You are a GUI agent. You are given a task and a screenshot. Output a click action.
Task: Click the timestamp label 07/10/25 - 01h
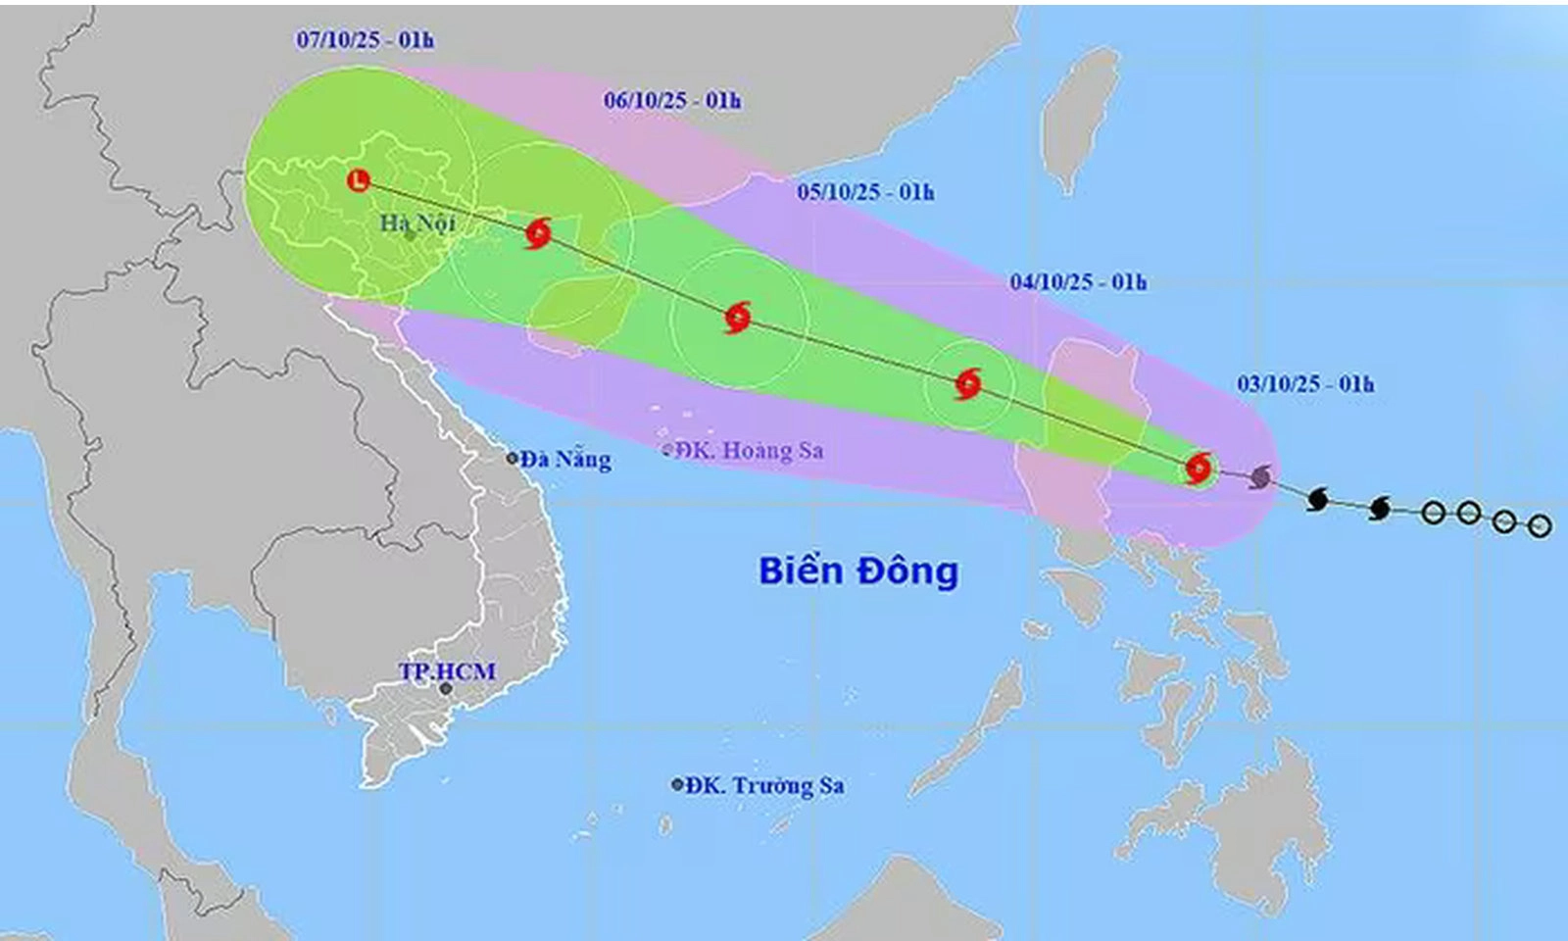365,39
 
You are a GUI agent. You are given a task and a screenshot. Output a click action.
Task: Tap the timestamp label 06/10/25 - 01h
672,100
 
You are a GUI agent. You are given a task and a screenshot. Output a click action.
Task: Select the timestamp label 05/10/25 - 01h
865,191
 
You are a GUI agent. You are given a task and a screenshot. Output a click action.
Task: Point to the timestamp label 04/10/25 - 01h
1078,282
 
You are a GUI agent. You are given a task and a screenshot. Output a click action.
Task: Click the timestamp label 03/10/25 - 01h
1304,383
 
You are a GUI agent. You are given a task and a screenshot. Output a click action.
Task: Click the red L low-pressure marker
360,180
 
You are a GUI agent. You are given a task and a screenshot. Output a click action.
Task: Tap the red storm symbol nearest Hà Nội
537,233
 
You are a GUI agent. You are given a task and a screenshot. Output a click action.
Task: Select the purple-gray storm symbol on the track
1261,477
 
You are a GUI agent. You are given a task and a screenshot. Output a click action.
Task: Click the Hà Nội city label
417,223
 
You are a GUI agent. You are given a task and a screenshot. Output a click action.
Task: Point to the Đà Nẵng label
565,459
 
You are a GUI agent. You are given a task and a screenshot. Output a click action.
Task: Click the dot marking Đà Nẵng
513,458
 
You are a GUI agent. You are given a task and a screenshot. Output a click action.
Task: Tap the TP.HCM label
447,671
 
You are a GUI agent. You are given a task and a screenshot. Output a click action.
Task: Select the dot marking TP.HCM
446,689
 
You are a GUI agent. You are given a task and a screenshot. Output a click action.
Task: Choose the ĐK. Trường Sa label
764,785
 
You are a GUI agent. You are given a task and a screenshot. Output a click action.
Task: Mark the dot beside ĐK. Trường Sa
677,785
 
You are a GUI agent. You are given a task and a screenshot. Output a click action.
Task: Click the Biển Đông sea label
858,570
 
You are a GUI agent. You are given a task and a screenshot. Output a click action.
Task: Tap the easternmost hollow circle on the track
1540,526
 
